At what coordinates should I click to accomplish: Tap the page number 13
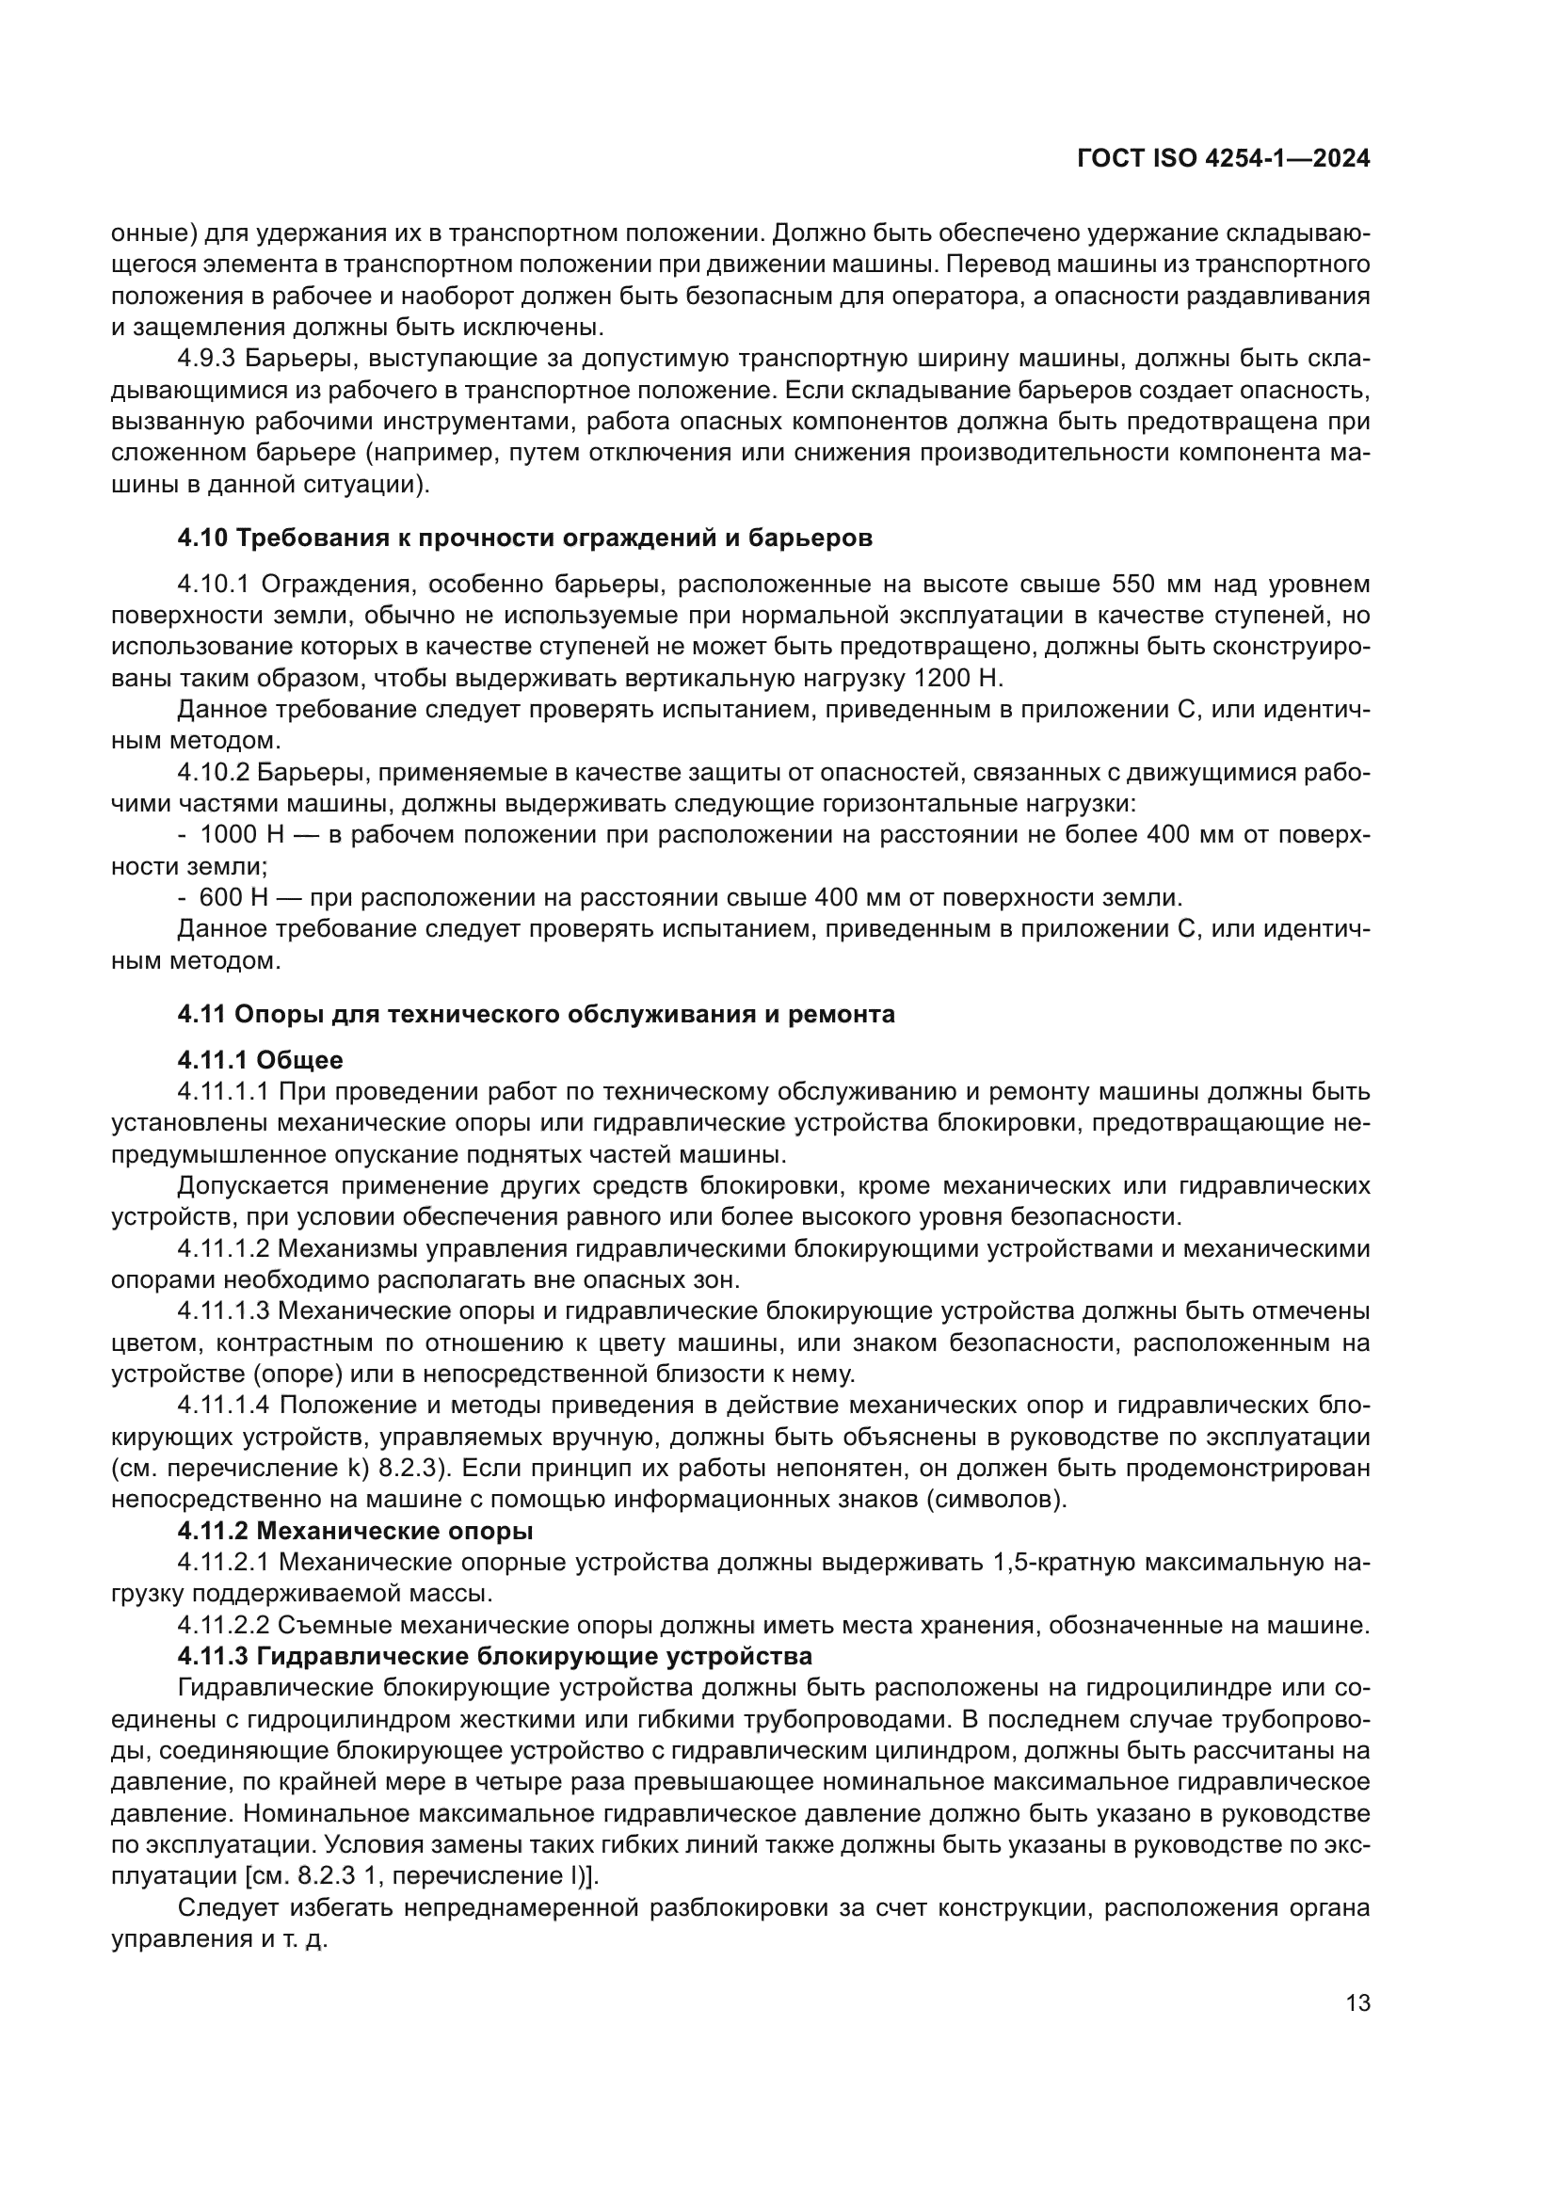1357,2003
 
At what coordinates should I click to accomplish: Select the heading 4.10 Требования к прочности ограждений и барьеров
524,538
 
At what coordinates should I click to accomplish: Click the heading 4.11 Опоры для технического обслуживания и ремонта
536,1014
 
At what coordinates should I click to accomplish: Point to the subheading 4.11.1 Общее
260,1060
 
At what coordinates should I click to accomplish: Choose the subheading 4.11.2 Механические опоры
355,1530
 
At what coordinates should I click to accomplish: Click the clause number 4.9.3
205,359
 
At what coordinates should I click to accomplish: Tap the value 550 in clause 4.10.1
1138,584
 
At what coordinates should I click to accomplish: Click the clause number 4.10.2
213,772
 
